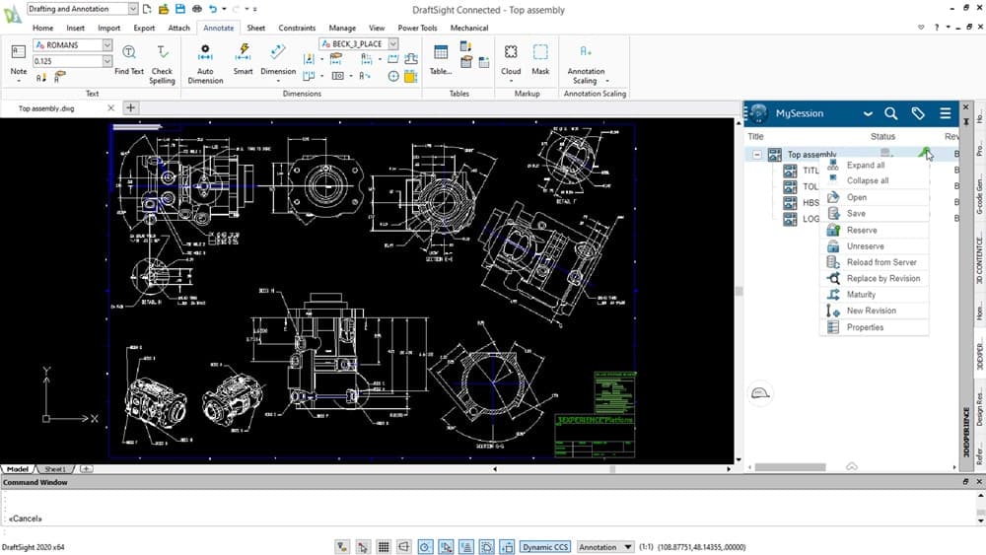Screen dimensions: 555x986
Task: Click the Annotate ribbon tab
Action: [x=218, y=28]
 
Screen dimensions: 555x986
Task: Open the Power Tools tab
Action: [x=417, y=28]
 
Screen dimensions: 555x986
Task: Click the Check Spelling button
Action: [x=162, y=61]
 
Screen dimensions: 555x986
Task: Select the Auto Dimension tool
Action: [x=205, y=61]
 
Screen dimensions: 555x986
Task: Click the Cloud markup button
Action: [x=511, y=58]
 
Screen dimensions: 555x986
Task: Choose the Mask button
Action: [x=540, y=58]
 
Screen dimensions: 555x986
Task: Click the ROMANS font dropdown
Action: [x=79, y=44]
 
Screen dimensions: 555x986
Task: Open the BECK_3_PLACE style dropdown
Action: [x=360, y=44]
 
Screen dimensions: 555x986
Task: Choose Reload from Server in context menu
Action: [x=880, y=262]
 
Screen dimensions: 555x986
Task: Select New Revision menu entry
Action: [x=871, y=311]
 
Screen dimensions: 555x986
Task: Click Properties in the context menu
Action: [x=865, y=327]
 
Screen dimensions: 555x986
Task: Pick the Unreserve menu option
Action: [x=865, y=246]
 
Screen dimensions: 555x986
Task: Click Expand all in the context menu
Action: [x=865, y=166]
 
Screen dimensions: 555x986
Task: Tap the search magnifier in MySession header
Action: [x=890, y=113]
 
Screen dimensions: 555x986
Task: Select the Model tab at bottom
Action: [x=19, y=469]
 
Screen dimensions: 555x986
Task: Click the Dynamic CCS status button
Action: [x=545, y=547]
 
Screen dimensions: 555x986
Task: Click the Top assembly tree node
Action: [x=810, y=155]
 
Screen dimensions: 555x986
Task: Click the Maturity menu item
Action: [x=861, y=295]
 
